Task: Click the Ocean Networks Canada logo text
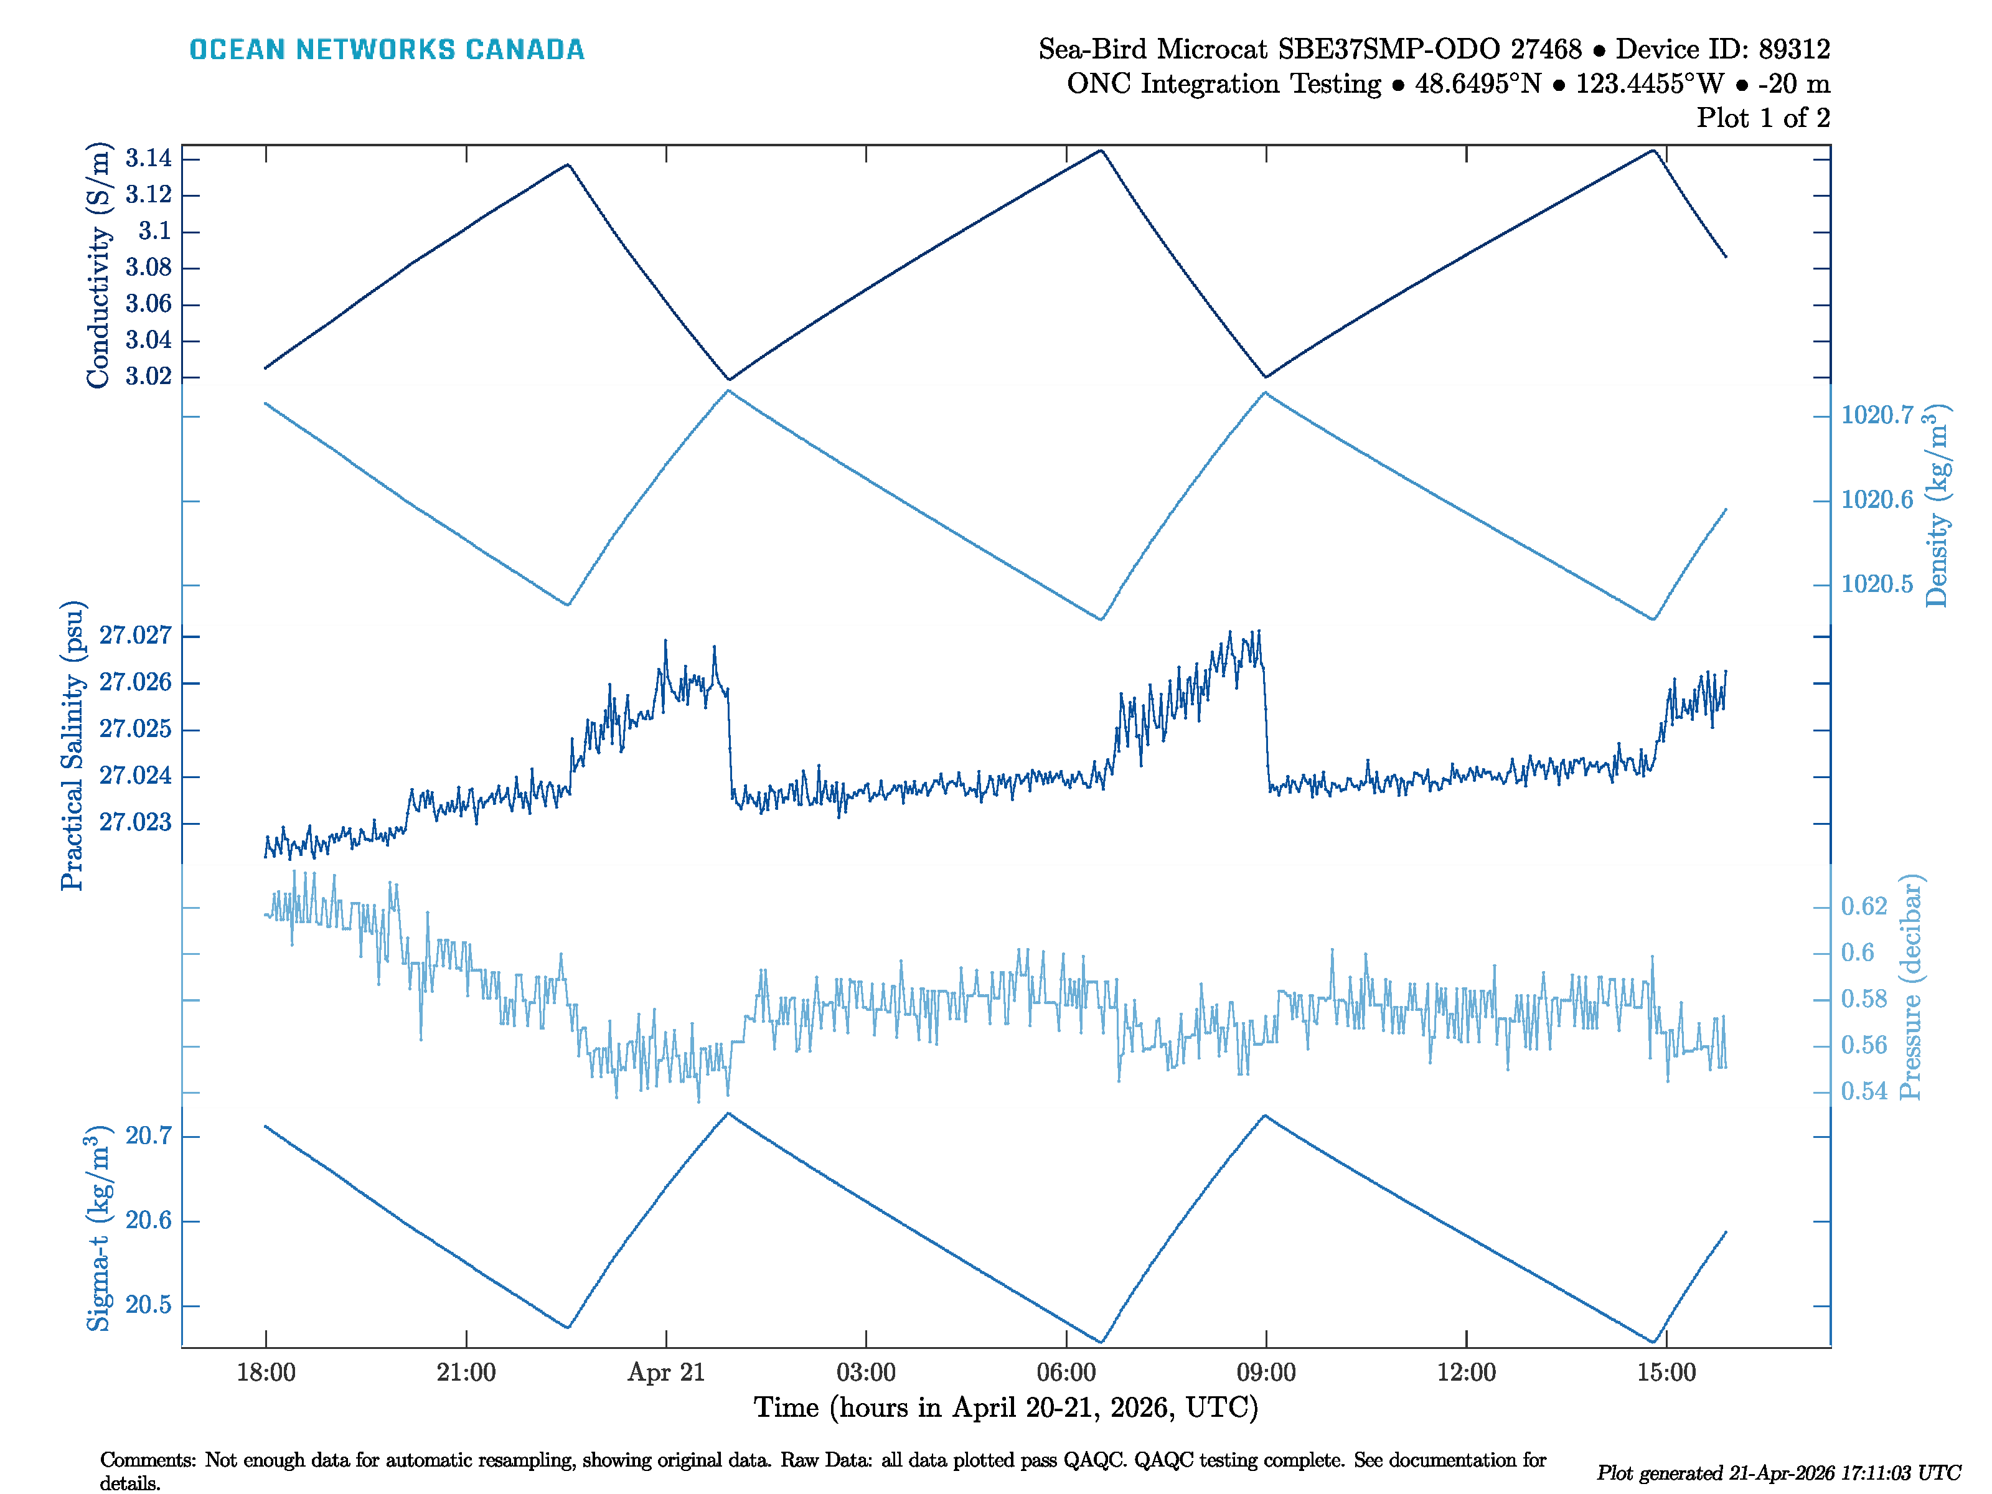click(x=387, y=50)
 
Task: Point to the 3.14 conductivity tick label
click(x=149, y=159)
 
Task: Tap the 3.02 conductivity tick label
click(x=149, y=377)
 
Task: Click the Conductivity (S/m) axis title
click(x=98, y=266)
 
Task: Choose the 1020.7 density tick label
click(x=1877, y=415)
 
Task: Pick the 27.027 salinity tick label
click(x=135, y=636)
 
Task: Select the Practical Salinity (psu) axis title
click(x=72, y=746)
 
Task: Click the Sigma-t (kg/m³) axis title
click(x=98, y=1228)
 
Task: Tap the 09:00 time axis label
click(x=1266, y=1373)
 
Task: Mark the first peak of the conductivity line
click(x=567, y=165)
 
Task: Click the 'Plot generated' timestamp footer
click(x=1778, y=1472)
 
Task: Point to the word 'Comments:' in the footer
click(x=148, y=1460)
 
